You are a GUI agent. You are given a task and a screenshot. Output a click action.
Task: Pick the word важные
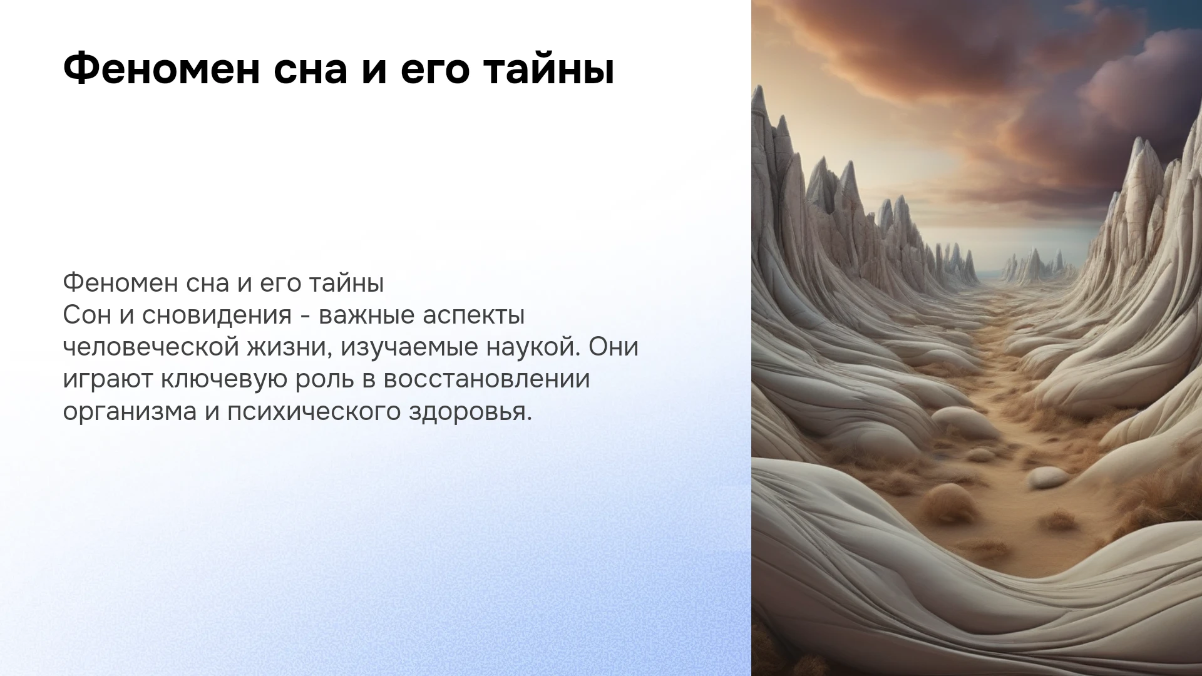(x=366, y=316)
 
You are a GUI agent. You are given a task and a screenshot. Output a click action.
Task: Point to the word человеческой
(x=151, y=348)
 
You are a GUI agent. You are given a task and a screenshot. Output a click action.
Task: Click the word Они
(x=614, y=347)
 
